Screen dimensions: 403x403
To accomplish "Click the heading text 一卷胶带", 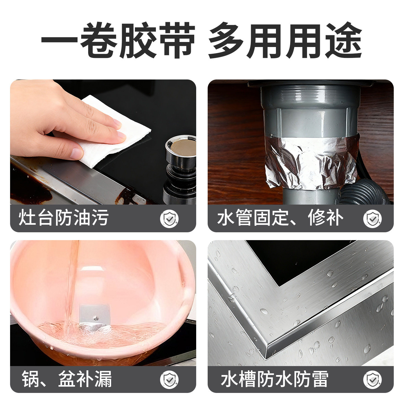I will click(118, 41).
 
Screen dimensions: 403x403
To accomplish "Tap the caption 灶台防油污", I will click(64, 218).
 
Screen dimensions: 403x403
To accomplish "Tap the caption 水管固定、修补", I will click(280, 218).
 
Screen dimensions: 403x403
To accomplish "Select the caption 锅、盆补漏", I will click(67, 379).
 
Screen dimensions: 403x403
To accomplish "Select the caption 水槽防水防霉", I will click(274, 379).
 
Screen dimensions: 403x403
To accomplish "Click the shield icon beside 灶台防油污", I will click(169, 219).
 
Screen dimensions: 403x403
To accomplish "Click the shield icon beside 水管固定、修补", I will click(372, 219).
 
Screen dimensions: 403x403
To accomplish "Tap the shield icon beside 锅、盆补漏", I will click(169, 379).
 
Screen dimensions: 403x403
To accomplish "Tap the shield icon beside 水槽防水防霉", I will click(372, 379).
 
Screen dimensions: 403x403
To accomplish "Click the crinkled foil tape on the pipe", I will click(311, 162).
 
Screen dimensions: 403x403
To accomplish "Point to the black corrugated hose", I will click(364, 193).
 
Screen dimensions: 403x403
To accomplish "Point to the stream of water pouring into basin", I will click(71, 280).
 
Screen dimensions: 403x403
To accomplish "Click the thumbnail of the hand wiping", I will click(103, 142).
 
